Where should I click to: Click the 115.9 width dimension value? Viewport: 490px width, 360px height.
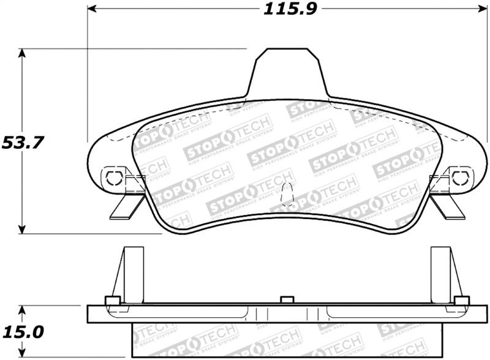pos(284,10)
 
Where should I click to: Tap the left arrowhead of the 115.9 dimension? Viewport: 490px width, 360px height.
pos(92,10)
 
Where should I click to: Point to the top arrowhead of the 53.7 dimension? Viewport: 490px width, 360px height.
pos(23,53)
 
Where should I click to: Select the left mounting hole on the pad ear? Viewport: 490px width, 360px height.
pos(113,178)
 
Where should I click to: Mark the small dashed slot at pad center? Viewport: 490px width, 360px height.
pos(285,197)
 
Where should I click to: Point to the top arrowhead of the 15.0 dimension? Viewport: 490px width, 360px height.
pos(23,310)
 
